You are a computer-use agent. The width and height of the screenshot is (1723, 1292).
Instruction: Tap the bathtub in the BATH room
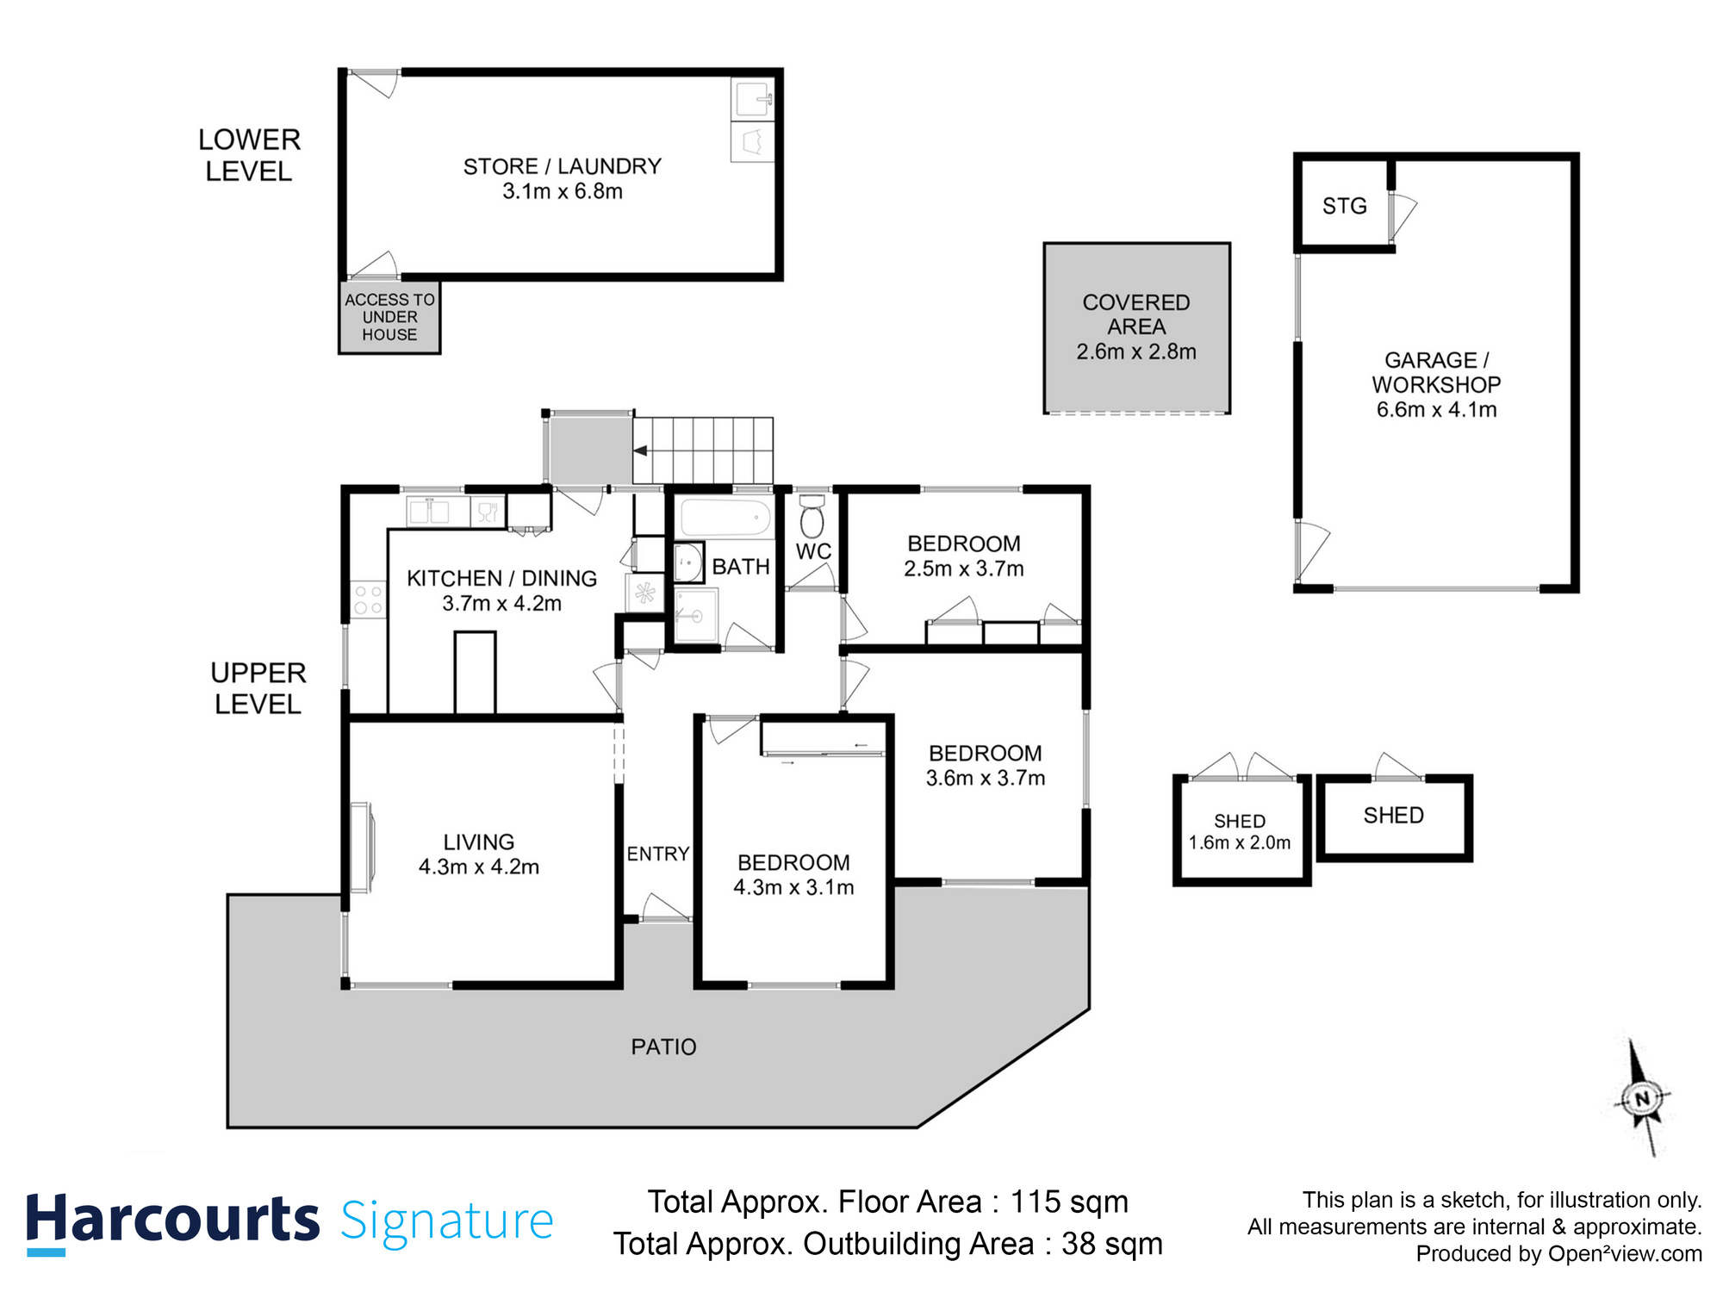[x=725, y=518]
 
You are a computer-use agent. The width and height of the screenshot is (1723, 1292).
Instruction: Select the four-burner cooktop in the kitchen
[x=369, y=599]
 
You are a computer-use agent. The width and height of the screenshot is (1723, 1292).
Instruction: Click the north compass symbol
[x=1642, y=1098]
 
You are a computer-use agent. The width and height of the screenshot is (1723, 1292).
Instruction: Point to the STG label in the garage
[x=1345, y=206]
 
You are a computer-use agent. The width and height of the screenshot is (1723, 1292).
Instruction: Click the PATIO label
[x=663, y=1047]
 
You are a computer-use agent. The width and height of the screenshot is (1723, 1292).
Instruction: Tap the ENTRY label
[x=657, y=854]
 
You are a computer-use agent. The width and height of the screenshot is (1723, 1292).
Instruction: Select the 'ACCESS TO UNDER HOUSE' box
[x=389, y=317]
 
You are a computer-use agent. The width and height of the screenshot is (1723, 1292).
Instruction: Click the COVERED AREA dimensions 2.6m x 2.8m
[x=1136, y=351]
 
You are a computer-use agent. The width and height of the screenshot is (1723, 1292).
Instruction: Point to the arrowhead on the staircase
[x=640, y=450]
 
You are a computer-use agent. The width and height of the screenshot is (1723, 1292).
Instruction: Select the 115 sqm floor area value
[x=1069, y=1202]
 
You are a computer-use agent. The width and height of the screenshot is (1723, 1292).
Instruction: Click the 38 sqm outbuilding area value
[x=1112, y=1244]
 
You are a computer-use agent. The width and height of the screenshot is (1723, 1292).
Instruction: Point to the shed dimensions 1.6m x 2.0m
[x=1240, y=842]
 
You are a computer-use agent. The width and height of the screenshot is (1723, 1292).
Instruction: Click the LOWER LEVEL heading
[x=249, y=155]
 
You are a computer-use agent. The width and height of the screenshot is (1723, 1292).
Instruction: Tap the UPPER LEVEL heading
[x=258, y=688]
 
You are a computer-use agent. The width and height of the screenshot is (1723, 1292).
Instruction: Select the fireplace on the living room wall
[x=362, y=848]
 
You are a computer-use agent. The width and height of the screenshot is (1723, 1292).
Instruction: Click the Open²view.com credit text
[x=1625, y=1254]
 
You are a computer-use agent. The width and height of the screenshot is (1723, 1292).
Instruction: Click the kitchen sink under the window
[x=429, y=512]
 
